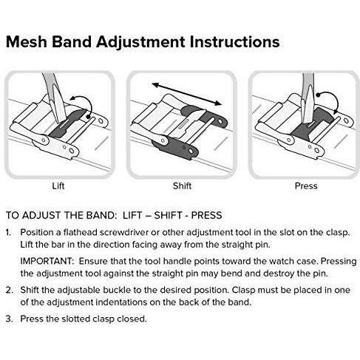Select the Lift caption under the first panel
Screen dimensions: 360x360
(58, 186)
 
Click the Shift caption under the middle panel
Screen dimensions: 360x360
(182, 186)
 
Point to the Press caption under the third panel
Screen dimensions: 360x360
(306, 186)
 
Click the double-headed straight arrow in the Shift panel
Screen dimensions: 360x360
(186, 94)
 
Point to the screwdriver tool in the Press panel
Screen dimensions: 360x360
(308, 98)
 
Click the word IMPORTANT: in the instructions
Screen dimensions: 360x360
(47, 261)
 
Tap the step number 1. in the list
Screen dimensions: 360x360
(9, 232)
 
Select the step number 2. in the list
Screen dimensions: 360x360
(10, 290)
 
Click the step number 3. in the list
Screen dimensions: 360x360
(10, 319)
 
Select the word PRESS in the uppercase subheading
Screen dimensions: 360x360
(206, 215)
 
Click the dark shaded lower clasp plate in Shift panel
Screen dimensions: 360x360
(175, 149)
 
